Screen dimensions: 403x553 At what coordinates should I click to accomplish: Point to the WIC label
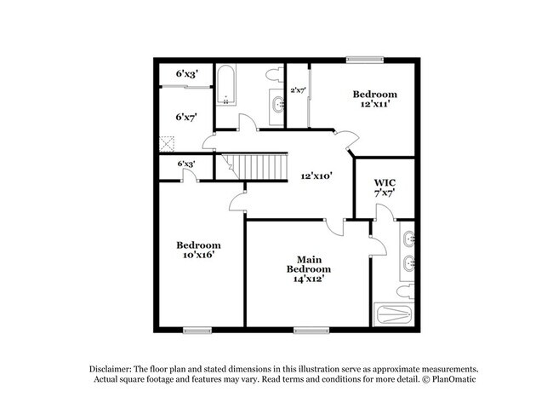click(385, 183)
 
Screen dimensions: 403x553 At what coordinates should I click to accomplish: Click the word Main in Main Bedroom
click(308, 258)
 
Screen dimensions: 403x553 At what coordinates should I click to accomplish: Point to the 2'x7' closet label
click(298, 89)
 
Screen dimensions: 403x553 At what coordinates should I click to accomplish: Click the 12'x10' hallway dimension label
click(316, 176)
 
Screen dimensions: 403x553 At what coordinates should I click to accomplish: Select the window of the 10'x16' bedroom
click(197, 330)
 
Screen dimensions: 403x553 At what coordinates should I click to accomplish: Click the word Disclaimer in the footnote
click(114, 367)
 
